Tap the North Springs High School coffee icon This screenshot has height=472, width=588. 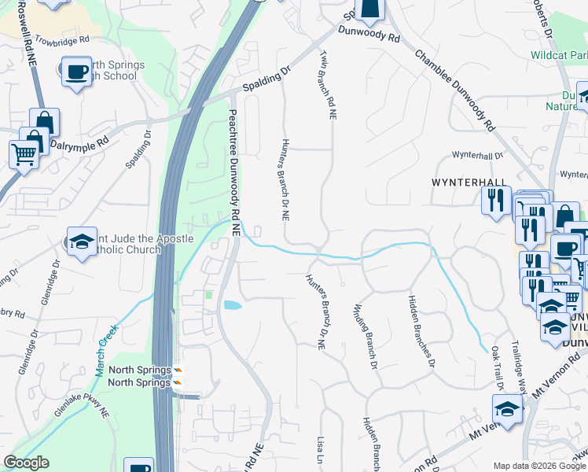pos(76,72)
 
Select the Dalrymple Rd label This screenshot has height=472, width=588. pos(79,145)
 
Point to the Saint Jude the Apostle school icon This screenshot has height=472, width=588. pos(82,244)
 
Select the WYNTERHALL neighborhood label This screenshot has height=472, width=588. pos(468,182)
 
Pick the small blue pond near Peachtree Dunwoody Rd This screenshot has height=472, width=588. pos(233,304)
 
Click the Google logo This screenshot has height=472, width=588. pos(26,463)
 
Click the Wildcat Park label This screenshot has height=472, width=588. pos(559,56)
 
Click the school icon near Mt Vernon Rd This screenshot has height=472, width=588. pos(507,409)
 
